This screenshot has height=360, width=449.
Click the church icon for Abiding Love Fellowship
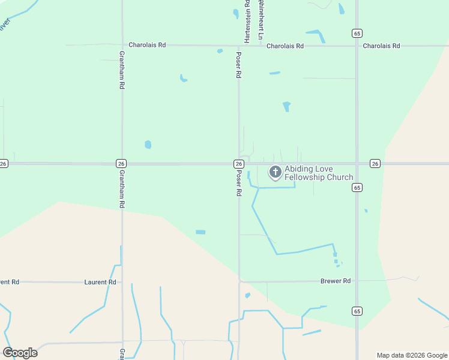tap(276, 173)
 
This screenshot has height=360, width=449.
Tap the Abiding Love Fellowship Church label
tap(319, 173)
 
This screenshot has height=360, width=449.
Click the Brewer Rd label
tap(335, 281)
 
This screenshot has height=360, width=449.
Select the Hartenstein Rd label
tap(247, 21)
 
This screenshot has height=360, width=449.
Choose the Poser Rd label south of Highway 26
tap(238, 184)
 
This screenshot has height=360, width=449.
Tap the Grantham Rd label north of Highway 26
tap(121, 70)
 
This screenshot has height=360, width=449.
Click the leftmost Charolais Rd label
tap(147, 45)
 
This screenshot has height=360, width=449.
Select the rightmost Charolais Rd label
tap(381, 46)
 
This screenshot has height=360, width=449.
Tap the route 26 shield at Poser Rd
tap(238, 164)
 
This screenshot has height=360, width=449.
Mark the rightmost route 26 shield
tap(375, 164)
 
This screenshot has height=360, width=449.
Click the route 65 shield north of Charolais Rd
tap(357, 33)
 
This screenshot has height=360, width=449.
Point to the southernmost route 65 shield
tap(357, 311)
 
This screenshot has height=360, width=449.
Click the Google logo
tap(20, 352)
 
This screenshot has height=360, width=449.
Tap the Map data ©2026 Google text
tap(412, 355)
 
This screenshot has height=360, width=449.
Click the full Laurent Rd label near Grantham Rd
tap(100, 282)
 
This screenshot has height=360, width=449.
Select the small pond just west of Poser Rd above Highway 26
tap(148, 145)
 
